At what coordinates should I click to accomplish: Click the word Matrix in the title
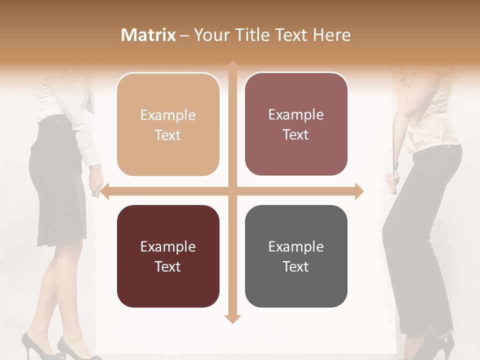pyautogui.click(x=148, y=35)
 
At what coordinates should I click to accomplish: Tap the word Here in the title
pyautogui.click(x=331, y=35)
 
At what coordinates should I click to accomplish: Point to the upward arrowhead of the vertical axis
pyautogui.click(x=232, y=65)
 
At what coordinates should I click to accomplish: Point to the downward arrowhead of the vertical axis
pyautogui.click(x=232, y=318)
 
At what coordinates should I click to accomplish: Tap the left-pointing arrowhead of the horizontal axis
pyautogui.click(x=104, y=191)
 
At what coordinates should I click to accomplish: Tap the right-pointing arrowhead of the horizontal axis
pyautogui.click(x=359, y=191)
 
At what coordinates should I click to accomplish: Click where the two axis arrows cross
pyautogui.click(x=232, y=191)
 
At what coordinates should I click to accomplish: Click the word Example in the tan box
pyautogui.click(x=168, y=115)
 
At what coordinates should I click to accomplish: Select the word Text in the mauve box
pyautogui.click(x=296, y=135)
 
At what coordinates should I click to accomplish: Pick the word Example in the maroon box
pyautogui.click(x=168, y=247)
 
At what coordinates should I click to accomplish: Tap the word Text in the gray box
pyautogui.click(x=296, y=266)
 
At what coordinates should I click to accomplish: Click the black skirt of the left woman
pyautogui.click(x=57, y=190)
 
